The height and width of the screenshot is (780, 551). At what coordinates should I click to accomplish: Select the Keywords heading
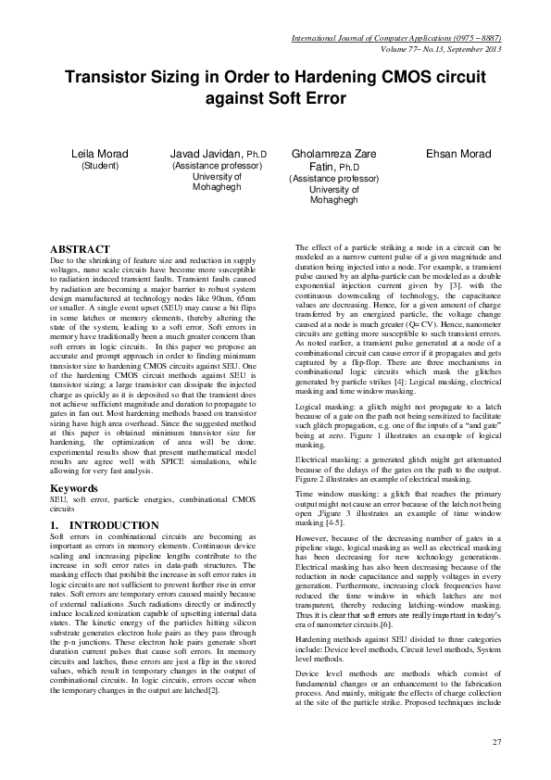tap(75, 487)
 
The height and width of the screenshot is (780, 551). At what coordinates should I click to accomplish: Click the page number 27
tap(496, 742)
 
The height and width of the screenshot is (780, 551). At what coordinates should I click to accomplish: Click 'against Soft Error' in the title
tap(275, 97)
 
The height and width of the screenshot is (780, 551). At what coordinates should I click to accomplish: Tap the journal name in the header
tap(395, 38)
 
